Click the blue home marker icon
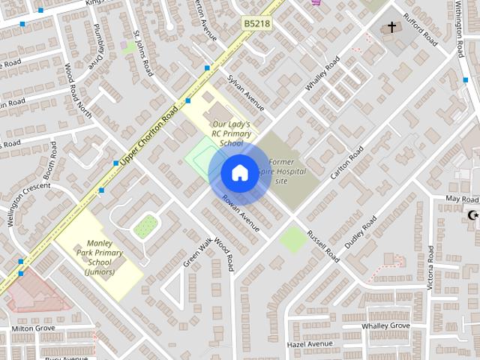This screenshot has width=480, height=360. [x=238, y=172]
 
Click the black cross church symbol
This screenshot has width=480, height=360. [x=391, y=28]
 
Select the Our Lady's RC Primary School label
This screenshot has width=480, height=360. [x=231, y=133]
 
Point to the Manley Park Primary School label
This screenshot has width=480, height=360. [x=100, y=257]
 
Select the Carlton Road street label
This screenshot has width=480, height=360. [x=347, y=162]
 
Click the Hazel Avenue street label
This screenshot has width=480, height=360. [x=309, y=344]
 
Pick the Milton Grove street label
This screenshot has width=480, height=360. [x=33, y=328]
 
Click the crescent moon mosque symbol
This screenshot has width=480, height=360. [x=472, y=216]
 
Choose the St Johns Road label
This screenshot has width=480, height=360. [x=143, y=54]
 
